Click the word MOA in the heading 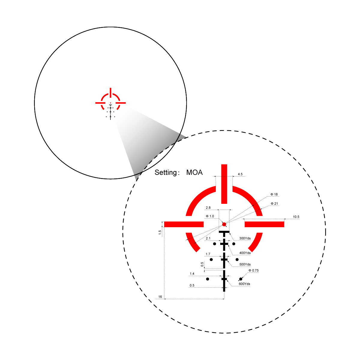194,172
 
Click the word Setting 166,173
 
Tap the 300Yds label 245,238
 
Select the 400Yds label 245,253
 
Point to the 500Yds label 245,264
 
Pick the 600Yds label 244,284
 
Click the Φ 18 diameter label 274,194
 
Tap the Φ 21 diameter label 274,204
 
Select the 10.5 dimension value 296,217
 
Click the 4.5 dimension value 240,174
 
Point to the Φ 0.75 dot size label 253,270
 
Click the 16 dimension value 160,297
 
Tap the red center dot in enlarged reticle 224,224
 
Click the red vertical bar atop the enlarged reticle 224,184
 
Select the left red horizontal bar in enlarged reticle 184,224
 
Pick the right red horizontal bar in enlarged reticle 264,224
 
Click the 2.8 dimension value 208,207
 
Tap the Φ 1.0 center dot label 210,216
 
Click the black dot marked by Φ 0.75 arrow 241,279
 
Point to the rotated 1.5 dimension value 160,232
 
